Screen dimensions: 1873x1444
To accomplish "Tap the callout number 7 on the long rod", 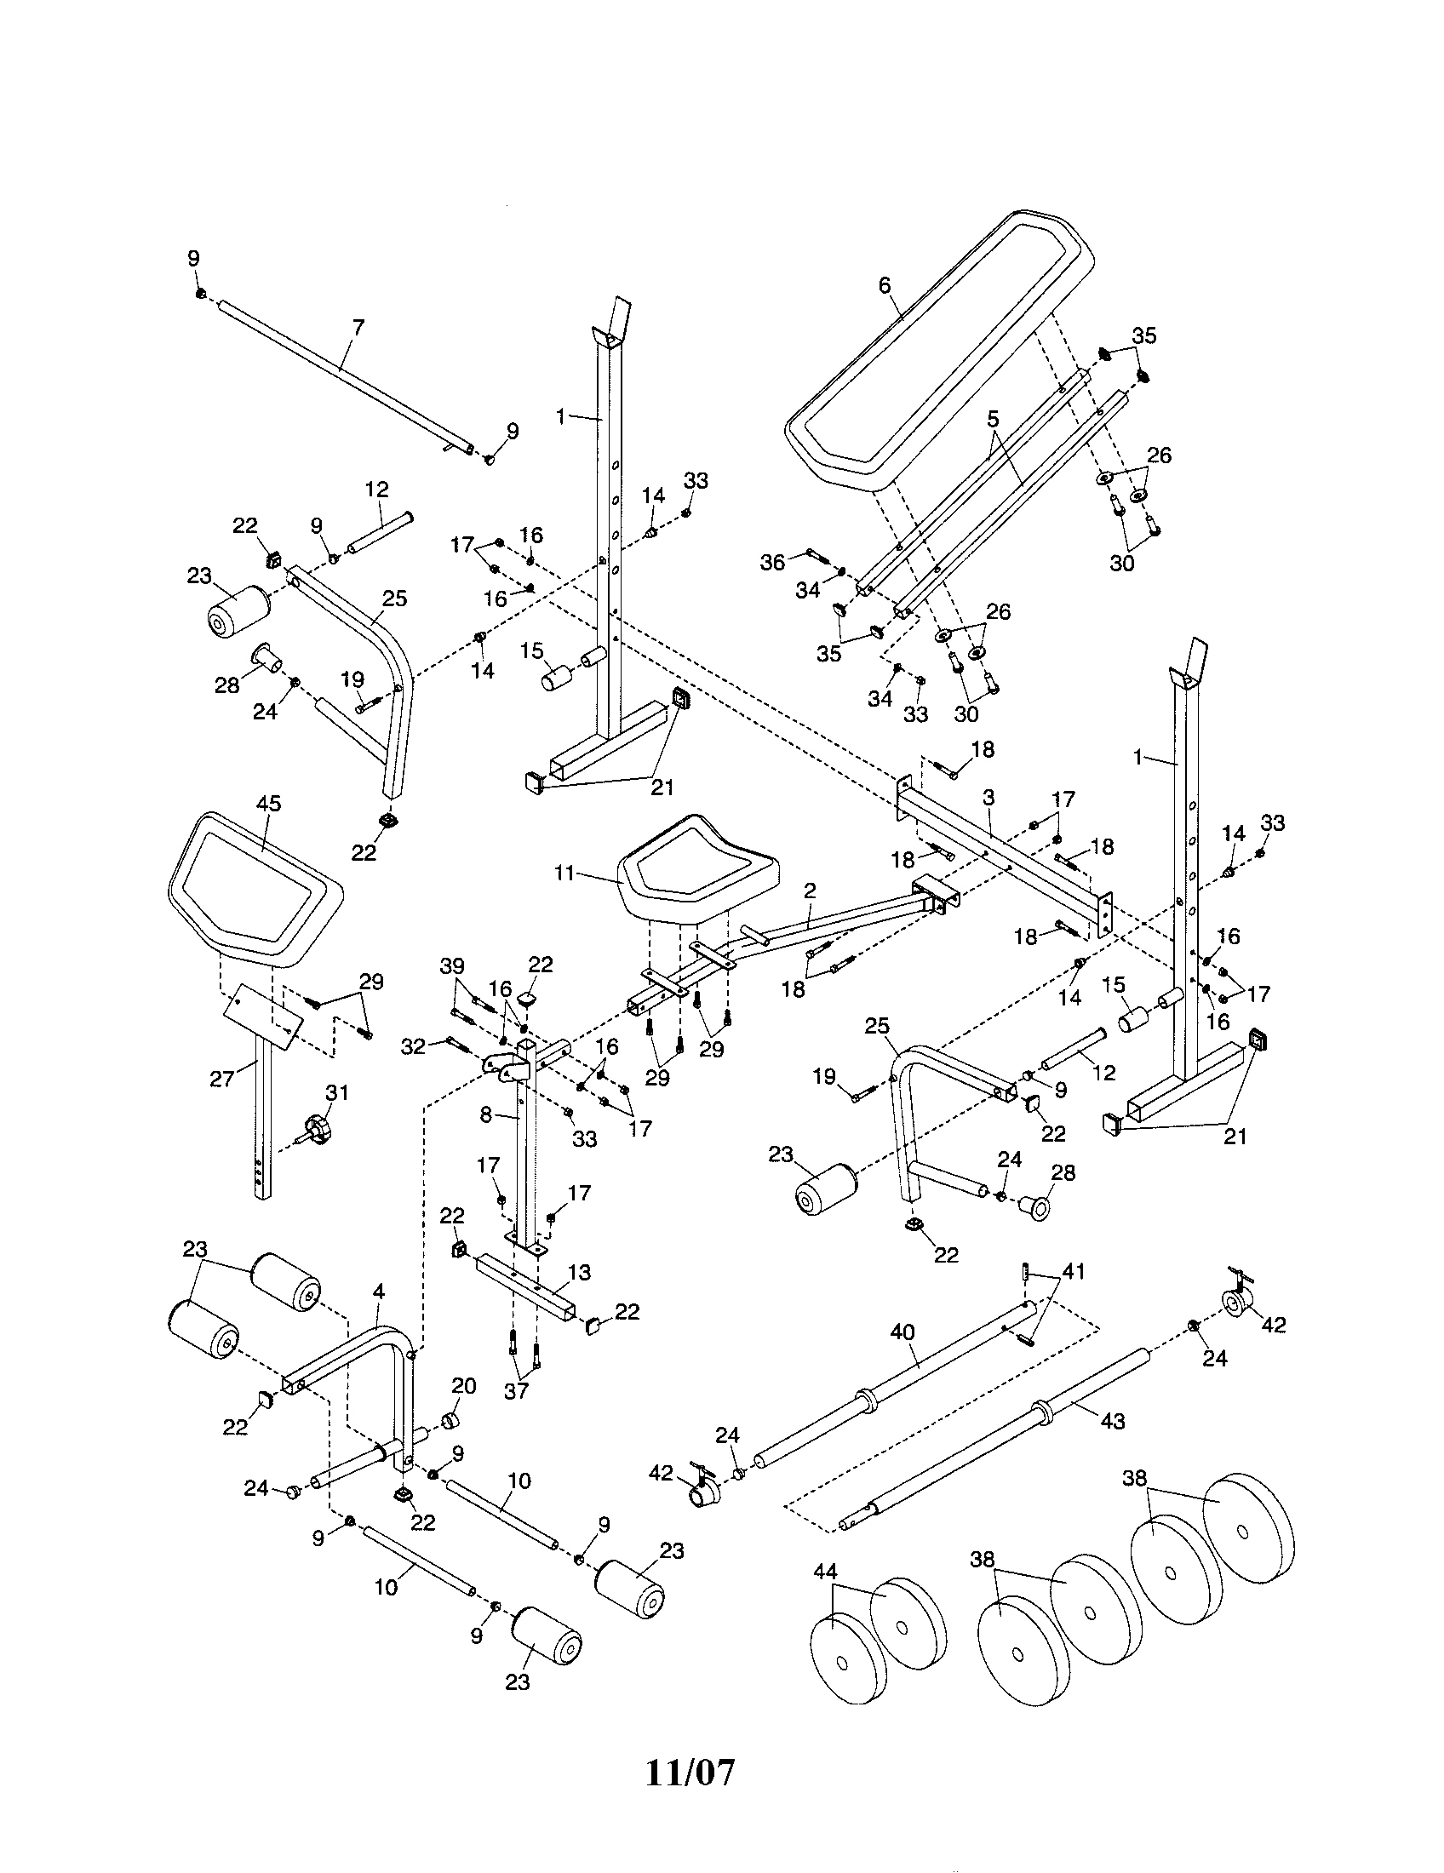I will (x=358, y=327).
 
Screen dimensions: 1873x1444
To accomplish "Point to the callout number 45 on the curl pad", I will (x=268, y=804).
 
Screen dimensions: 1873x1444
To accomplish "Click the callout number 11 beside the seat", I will (x=564, y=873).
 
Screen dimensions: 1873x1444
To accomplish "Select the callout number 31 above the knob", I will (x=338, y=1092).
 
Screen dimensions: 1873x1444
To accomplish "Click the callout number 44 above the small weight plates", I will (x=825, y=1571).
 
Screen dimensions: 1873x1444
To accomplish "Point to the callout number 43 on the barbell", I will (x=1112, y=1421).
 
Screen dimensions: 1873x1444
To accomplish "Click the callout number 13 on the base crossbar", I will (x=579, y=1272).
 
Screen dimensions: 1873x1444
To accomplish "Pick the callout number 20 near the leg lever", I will (x=463, y=1387).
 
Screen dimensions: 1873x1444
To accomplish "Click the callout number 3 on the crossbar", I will (x=988, y=798).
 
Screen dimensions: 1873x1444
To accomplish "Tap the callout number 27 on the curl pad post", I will (x=222, y=1079).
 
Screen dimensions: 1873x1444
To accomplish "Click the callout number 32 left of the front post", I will (x=413, y=1045).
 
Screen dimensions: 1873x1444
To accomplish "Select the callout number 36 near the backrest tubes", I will (x=772, y=563).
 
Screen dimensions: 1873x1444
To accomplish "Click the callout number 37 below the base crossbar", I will (x=515, y=1391).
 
